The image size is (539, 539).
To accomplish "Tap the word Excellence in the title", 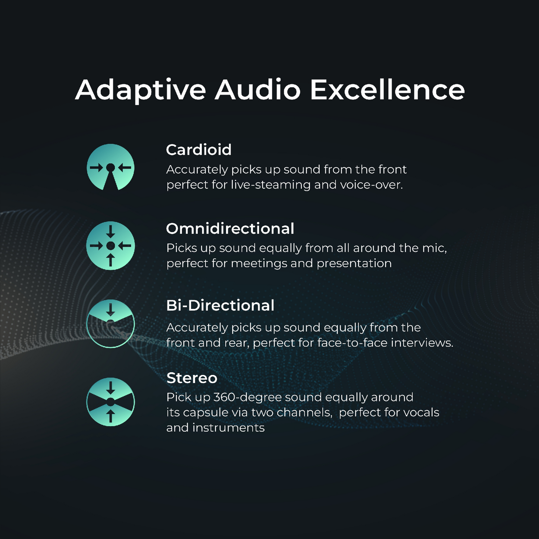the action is pyautogui.click(x=388, y=90).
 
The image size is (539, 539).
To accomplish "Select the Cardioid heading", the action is pyautogui.click(x=198, y=150).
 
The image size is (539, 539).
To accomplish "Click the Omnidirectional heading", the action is pyautogui.click(x=230, y=229).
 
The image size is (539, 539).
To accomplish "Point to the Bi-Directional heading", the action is pyautogui.click(x=220, y=305).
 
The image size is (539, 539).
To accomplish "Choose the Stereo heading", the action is pyautogui.click(x=192, y=378).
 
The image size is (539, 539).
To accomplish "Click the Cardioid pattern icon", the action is pyautogui.click(x=110, y=167).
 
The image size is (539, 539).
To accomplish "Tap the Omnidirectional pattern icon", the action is pyautogui.click(x=110, y=245).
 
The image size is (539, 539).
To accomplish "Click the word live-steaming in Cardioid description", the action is pyautogui.click(x=270, y=185).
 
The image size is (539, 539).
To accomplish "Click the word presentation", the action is pyautogui.click(x=354, y=264).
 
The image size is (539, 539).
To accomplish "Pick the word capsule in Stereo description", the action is pyautogui.click(x=214, y=413).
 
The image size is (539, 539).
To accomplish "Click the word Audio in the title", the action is pyautogui.click(x=257, y=90).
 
